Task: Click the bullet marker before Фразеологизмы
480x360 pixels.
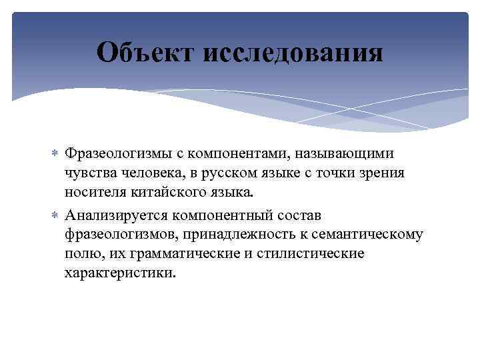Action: pyautogui.click(x=55, y=155)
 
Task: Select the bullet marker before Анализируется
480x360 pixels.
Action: pyautogui.click(x=55, y=215)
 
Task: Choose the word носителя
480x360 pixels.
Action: pyautogui.click(x=94, y=193)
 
